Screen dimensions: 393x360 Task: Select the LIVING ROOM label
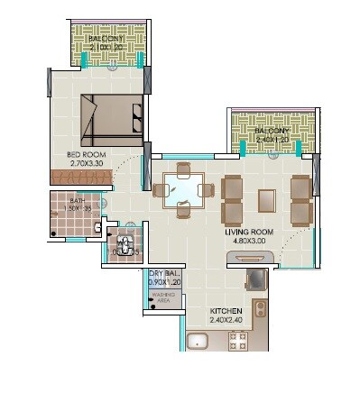pyautogui.click(x=250, y=232)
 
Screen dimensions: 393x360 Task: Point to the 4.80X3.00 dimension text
pyautogui.click(x=250, y=242)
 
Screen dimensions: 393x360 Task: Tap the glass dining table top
pyautogui.click(x=184, y=190)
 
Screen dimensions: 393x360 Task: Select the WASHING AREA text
pyautogui.click(x=163, y=297)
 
